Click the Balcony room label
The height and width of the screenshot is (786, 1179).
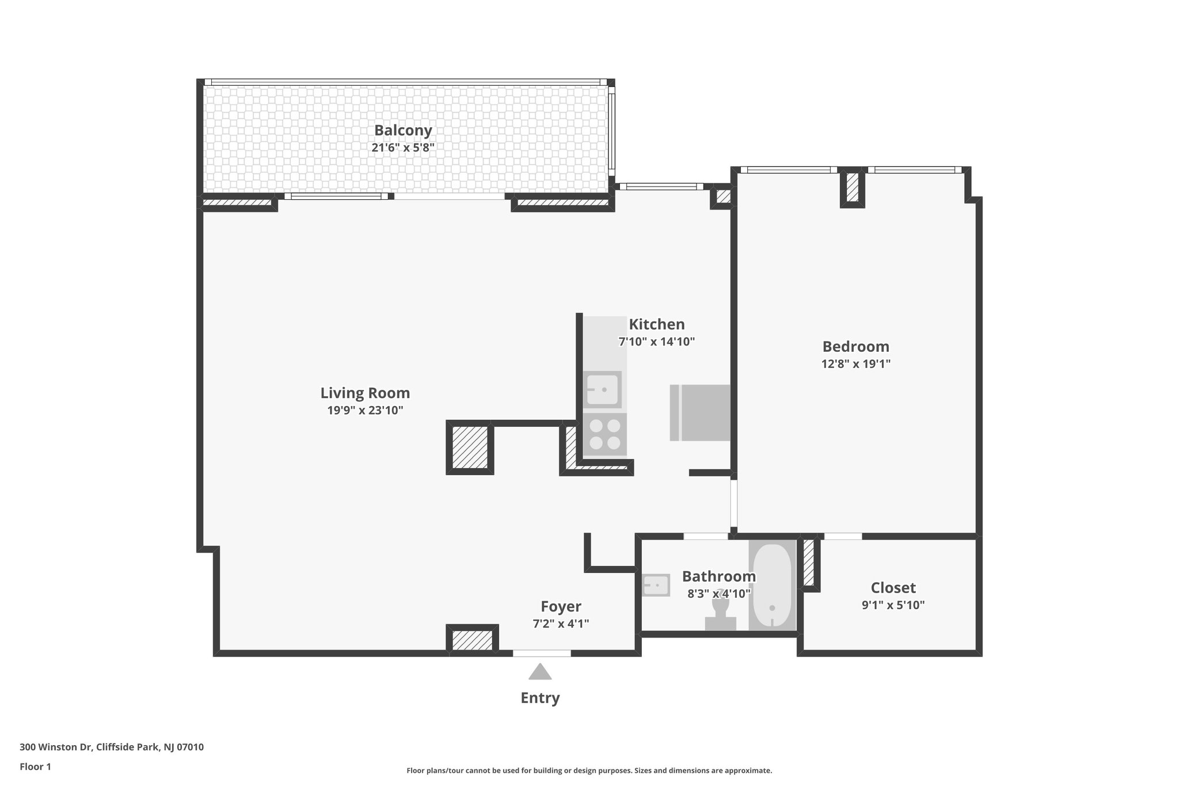coord(403,130)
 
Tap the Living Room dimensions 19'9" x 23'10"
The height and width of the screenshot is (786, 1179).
coord(365,411)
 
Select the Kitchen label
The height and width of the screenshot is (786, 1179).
coord(657,324)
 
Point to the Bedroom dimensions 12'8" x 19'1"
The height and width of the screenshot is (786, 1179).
coord(856,364)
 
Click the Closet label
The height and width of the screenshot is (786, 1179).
coord(893,587)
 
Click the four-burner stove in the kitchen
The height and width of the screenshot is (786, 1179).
coord(605,434)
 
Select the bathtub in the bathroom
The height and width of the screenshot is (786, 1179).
coord(772,585)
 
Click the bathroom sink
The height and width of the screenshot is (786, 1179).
coord(656,585)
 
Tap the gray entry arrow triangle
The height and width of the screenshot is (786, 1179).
coord(540,671)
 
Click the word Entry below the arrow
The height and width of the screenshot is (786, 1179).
coord(540,698)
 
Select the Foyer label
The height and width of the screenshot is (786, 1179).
coord(561,606)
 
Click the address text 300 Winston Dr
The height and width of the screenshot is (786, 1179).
coord(56,747)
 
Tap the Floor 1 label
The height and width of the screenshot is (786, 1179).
coord(35,766)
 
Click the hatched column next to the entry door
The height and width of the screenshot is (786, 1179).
coord(472,640)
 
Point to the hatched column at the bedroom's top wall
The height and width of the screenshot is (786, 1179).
coord(853,187)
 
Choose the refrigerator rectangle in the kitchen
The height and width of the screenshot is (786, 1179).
coord(700,413)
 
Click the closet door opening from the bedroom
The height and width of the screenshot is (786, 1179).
coord(843,536)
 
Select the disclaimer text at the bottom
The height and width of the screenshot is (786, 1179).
coord(589,770)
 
